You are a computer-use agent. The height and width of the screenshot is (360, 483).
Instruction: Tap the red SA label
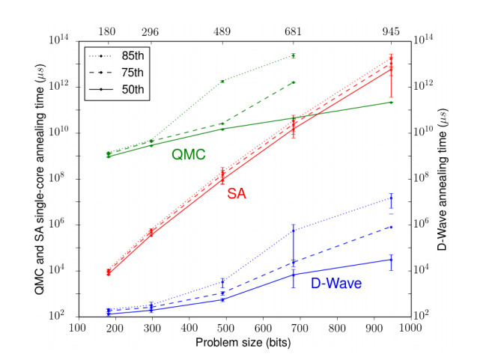(x=236, y=194)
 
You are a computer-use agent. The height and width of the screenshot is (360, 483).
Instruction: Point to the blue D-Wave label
(x=335, y=284)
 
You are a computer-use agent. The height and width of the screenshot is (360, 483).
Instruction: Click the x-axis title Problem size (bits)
(x=243, y=342)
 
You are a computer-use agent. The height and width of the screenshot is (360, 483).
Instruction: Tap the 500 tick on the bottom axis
(x=226, y=327)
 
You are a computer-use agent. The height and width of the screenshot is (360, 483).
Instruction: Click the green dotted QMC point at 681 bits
(x=294, y=55)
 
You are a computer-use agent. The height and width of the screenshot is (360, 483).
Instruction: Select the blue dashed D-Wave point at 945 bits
(x=391, y=226)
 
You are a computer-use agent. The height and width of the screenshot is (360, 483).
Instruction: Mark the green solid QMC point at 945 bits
(x=391, y=102)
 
